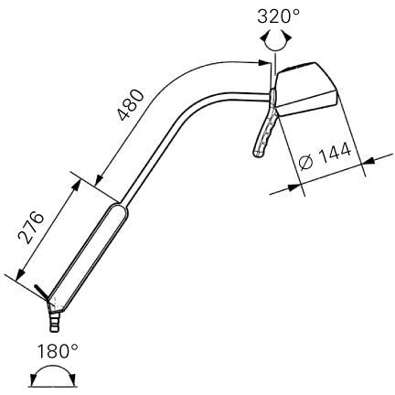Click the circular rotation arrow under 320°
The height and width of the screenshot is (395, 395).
[273, 37]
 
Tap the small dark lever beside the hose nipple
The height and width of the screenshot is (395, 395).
[41, 293]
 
